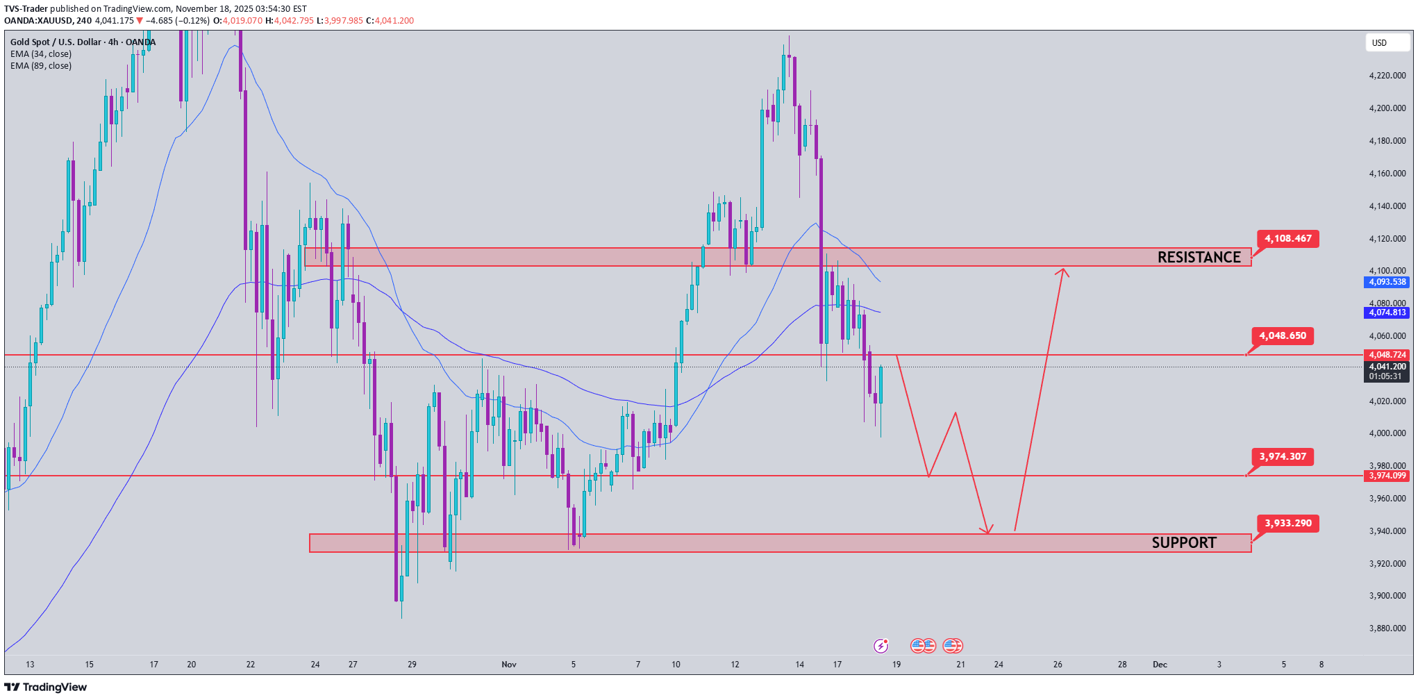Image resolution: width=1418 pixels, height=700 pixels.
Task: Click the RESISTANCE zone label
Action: click(1199, 258)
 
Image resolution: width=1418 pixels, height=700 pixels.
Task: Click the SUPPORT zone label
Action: click(1184, 543)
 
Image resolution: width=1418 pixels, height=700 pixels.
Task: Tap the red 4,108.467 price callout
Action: click(1287, 239)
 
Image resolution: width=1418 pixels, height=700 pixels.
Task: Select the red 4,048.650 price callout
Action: click(1282, 336)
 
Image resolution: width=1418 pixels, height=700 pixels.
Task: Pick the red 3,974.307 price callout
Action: click(1282, 457)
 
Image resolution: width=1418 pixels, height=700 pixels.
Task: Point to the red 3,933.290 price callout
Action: click(1287, 524)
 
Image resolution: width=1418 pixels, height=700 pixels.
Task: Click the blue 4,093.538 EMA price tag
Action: click(1387, 283)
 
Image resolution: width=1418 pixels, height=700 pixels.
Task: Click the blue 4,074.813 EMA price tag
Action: click(1387, 313)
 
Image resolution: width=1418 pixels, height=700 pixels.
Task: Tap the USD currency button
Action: click(1379, 43)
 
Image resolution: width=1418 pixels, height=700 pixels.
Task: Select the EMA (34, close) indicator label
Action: click(41, 54)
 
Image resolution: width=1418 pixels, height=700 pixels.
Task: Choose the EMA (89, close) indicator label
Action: click(41, 66)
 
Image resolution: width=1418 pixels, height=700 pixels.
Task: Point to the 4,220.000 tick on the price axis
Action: click(1387, 76)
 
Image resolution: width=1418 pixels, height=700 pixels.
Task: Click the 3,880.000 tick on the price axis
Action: click(1387, 628)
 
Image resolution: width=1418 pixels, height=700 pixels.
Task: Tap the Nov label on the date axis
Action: click(509, 665)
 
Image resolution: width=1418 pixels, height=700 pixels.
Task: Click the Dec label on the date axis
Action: click(1160, 665)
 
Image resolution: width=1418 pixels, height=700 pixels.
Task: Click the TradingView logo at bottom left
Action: click(46, 687)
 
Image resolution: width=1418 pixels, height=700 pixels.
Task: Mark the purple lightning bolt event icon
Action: click(881, 647)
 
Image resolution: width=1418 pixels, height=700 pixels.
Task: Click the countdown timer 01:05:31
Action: click(1385, 376)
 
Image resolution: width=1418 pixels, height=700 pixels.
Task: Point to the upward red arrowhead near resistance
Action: click(1062, 272)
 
